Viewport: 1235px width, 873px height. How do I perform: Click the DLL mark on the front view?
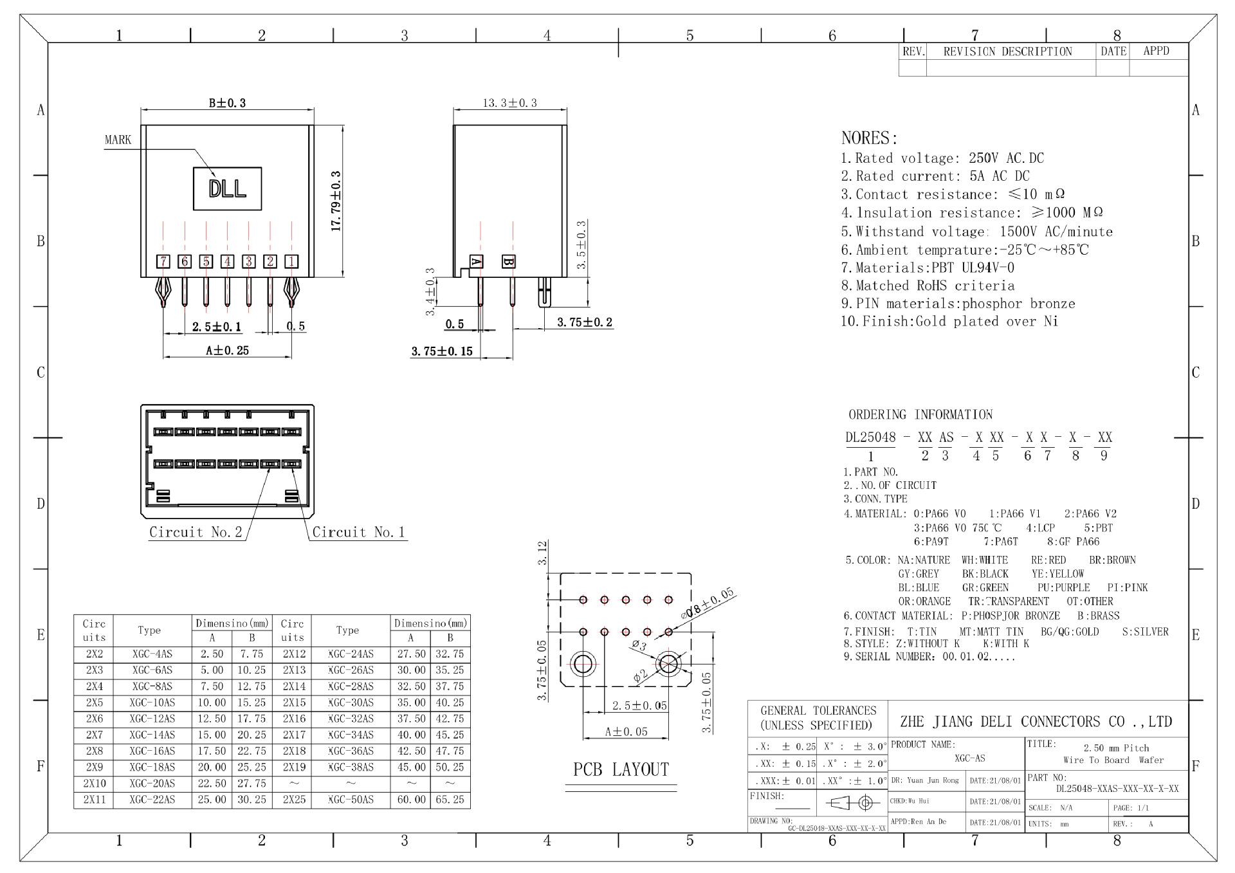228,188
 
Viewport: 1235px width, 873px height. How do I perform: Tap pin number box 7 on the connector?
164,261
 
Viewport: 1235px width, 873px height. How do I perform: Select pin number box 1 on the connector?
291,261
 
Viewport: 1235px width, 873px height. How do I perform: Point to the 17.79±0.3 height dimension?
336,201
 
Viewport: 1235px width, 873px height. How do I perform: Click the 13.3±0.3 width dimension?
510,102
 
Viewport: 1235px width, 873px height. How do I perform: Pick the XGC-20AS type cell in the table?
152,784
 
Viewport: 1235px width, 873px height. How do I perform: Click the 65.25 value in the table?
450,800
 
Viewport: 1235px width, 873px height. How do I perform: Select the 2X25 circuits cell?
292,800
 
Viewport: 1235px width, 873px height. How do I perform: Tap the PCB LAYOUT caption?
621,769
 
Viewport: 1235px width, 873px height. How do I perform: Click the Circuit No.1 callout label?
359,532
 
